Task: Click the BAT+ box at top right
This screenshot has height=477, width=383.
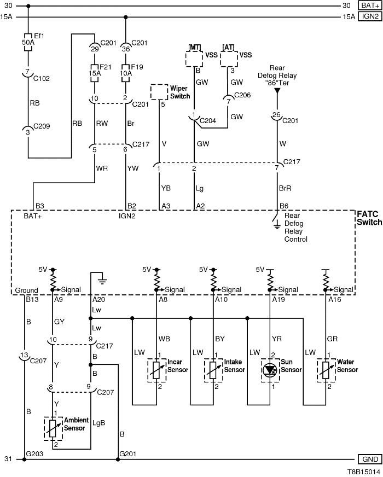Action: [370, 5]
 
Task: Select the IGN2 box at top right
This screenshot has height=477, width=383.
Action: [370, 16]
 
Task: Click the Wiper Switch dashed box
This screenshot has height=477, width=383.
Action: [159, 92]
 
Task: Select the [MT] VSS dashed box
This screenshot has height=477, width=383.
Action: [196, 58]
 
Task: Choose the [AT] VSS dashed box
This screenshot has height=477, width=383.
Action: [229, 58]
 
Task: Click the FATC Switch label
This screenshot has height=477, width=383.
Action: [369, 218]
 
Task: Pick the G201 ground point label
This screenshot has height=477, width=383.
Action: [129, 453]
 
